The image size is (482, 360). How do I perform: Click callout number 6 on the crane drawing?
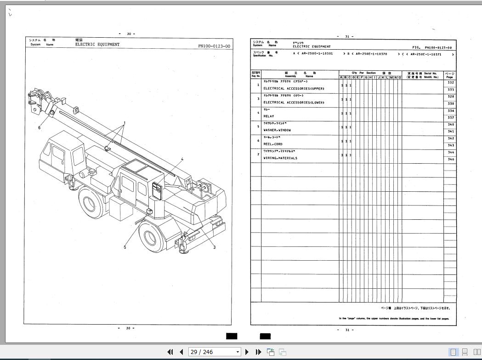pyautogui.click(x=40, y=128)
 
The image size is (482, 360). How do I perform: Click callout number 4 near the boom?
pyautogui.click(x=182, y=160)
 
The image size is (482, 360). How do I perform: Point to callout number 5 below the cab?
pyautogui.click(x=125, y=247)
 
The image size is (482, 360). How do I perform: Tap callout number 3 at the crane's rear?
pyautogui.click(x=214, y=247)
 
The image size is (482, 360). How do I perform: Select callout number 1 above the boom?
pyautogui.click(x=124, y=124)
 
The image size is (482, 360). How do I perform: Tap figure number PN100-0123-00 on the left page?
pyautogui.click(x=214, y=46)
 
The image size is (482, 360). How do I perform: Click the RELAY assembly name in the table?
pyautogui.click(x=269, y=116)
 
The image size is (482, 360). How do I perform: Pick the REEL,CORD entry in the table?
pyautogui.click(x=273, y=144)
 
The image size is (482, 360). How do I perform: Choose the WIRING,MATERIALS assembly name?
pyautogui.click(x=280, y=158)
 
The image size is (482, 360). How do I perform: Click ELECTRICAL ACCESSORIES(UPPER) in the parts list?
pyautogui.click(x=294, y=88)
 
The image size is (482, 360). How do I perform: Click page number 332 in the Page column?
pyautogui.click(x=450, y=83)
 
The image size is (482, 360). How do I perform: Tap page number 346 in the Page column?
pyautogui.click(x=450, y=160)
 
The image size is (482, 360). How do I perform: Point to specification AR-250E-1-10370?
pyautogui.click(x=371, y=54)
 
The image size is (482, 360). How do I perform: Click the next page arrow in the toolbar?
pyautogui.click(x=247, y=352)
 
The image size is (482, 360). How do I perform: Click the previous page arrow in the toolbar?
pyautogui.click(x=181, y=352)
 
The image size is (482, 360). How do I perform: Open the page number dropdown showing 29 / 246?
pyautogui.click(x=238, y=352)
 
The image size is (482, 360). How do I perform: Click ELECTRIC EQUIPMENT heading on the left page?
pyautogui.click(x=97, y=45)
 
